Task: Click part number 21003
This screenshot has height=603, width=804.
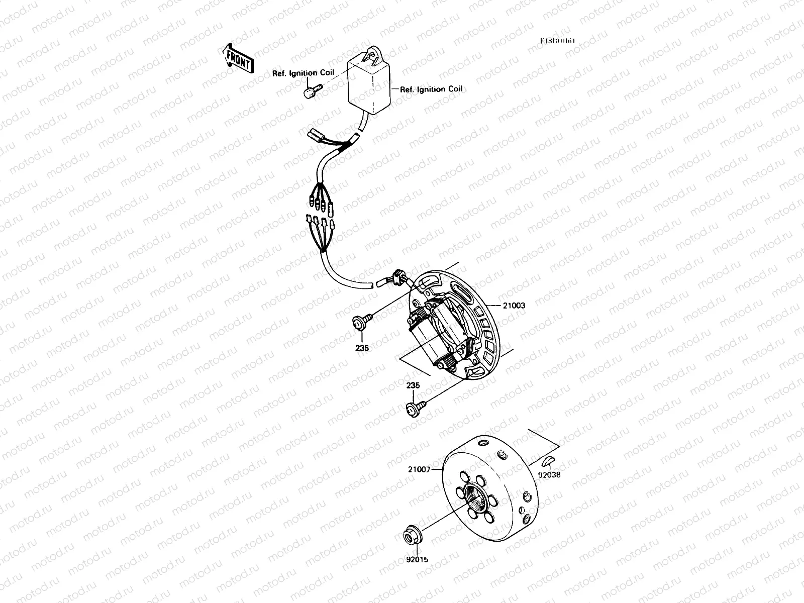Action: click(x=515, y=305)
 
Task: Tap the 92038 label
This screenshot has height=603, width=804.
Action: click(x=549, y=473)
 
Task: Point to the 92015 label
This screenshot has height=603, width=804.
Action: click(x=418, y=559)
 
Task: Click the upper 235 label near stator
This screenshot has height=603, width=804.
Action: click(x=362, y=347)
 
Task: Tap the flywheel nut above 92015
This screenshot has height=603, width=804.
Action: click(x=412, y=534)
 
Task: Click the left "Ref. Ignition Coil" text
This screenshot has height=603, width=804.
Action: click(x=303, y=73)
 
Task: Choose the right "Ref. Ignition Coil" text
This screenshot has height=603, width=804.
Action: click(x=431, y=89)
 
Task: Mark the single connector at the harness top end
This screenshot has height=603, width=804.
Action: click(x=316, y=135)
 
